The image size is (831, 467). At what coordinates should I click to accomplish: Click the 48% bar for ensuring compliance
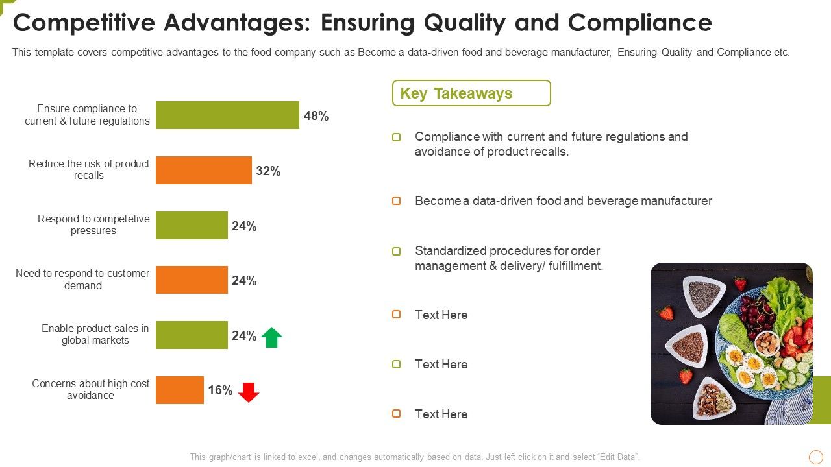pyautogui.click(x=227, y=115)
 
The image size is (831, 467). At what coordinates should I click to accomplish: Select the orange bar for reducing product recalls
pyautogui.click(x=203, y=171)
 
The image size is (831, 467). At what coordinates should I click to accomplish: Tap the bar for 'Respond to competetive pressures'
pyautogui.click(x=192, y=226)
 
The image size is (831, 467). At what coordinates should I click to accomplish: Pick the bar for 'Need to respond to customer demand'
pyautogui.click(x=192, y=280)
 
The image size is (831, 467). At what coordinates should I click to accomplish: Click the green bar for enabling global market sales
pyautogui.click(x=192, y=335)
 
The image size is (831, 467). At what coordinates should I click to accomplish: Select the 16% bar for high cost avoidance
pyautogui.click(x=179, y=390)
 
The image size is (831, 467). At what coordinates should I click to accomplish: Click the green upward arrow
pyautogui.click(x=271, y=337)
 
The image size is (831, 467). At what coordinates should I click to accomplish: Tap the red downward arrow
pyautogui.click(x=249, y=392)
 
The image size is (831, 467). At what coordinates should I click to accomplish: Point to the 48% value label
pyautogui.click(x=316, y=116)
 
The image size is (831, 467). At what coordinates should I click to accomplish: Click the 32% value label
pyautogui.click(x=268, y=171)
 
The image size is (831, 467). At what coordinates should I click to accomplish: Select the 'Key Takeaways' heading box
pyautogui.click(x=471, y=93)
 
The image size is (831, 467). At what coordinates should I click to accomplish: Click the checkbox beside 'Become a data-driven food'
pyautogui.click(x=397, y=201)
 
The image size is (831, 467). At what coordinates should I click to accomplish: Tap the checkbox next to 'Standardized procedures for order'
pyautogui.click(x=397, y=251)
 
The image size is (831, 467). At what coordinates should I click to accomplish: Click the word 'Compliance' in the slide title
pyautogui.click(x=640, y=23)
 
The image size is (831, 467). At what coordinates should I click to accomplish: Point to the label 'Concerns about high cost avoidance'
pyautogui.click(x=90, y=390)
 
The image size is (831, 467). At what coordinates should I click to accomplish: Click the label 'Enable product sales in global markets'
pyautogui.click(x=95, y=335)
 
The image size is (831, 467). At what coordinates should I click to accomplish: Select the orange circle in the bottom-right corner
pyautogui.click(x=816, y=457)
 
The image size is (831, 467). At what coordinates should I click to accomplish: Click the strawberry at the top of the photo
pyautogui.click(x=740, y=283)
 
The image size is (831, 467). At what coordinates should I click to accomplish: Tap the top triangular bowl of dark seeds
pyautogui.click(x=703, y=295)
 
